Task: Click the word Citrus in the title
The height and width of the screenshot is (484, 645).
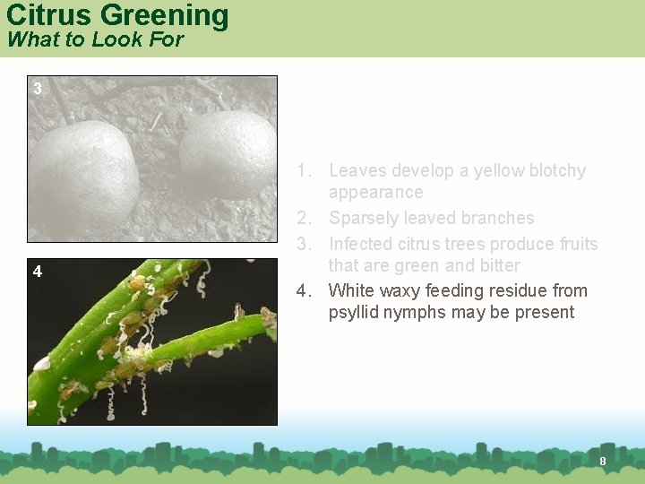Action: coord(49,15)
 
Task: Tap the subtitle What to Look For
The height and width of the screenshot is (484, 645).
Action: coord(94,39)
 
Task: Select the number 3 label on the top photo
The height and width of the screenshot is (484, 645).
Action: coord(37,88)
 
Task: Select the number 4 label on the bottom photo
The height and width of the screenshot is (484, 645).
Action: coord(37,271)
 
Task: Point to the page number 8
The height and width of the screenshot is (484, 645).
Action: coord(603,461)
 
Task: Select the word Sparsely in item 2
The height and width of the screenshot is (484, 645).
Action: coord(365,218)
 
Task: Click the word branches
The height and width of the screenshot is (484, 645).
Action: coord(497,218)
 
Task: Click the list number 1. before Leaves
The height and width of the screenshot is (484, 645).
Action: coord(305,170)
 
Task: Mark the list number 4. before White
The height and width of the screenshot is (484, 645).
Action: coord(305,290)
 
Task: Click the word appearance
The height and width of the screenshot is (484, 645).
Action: coord(375,192)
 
